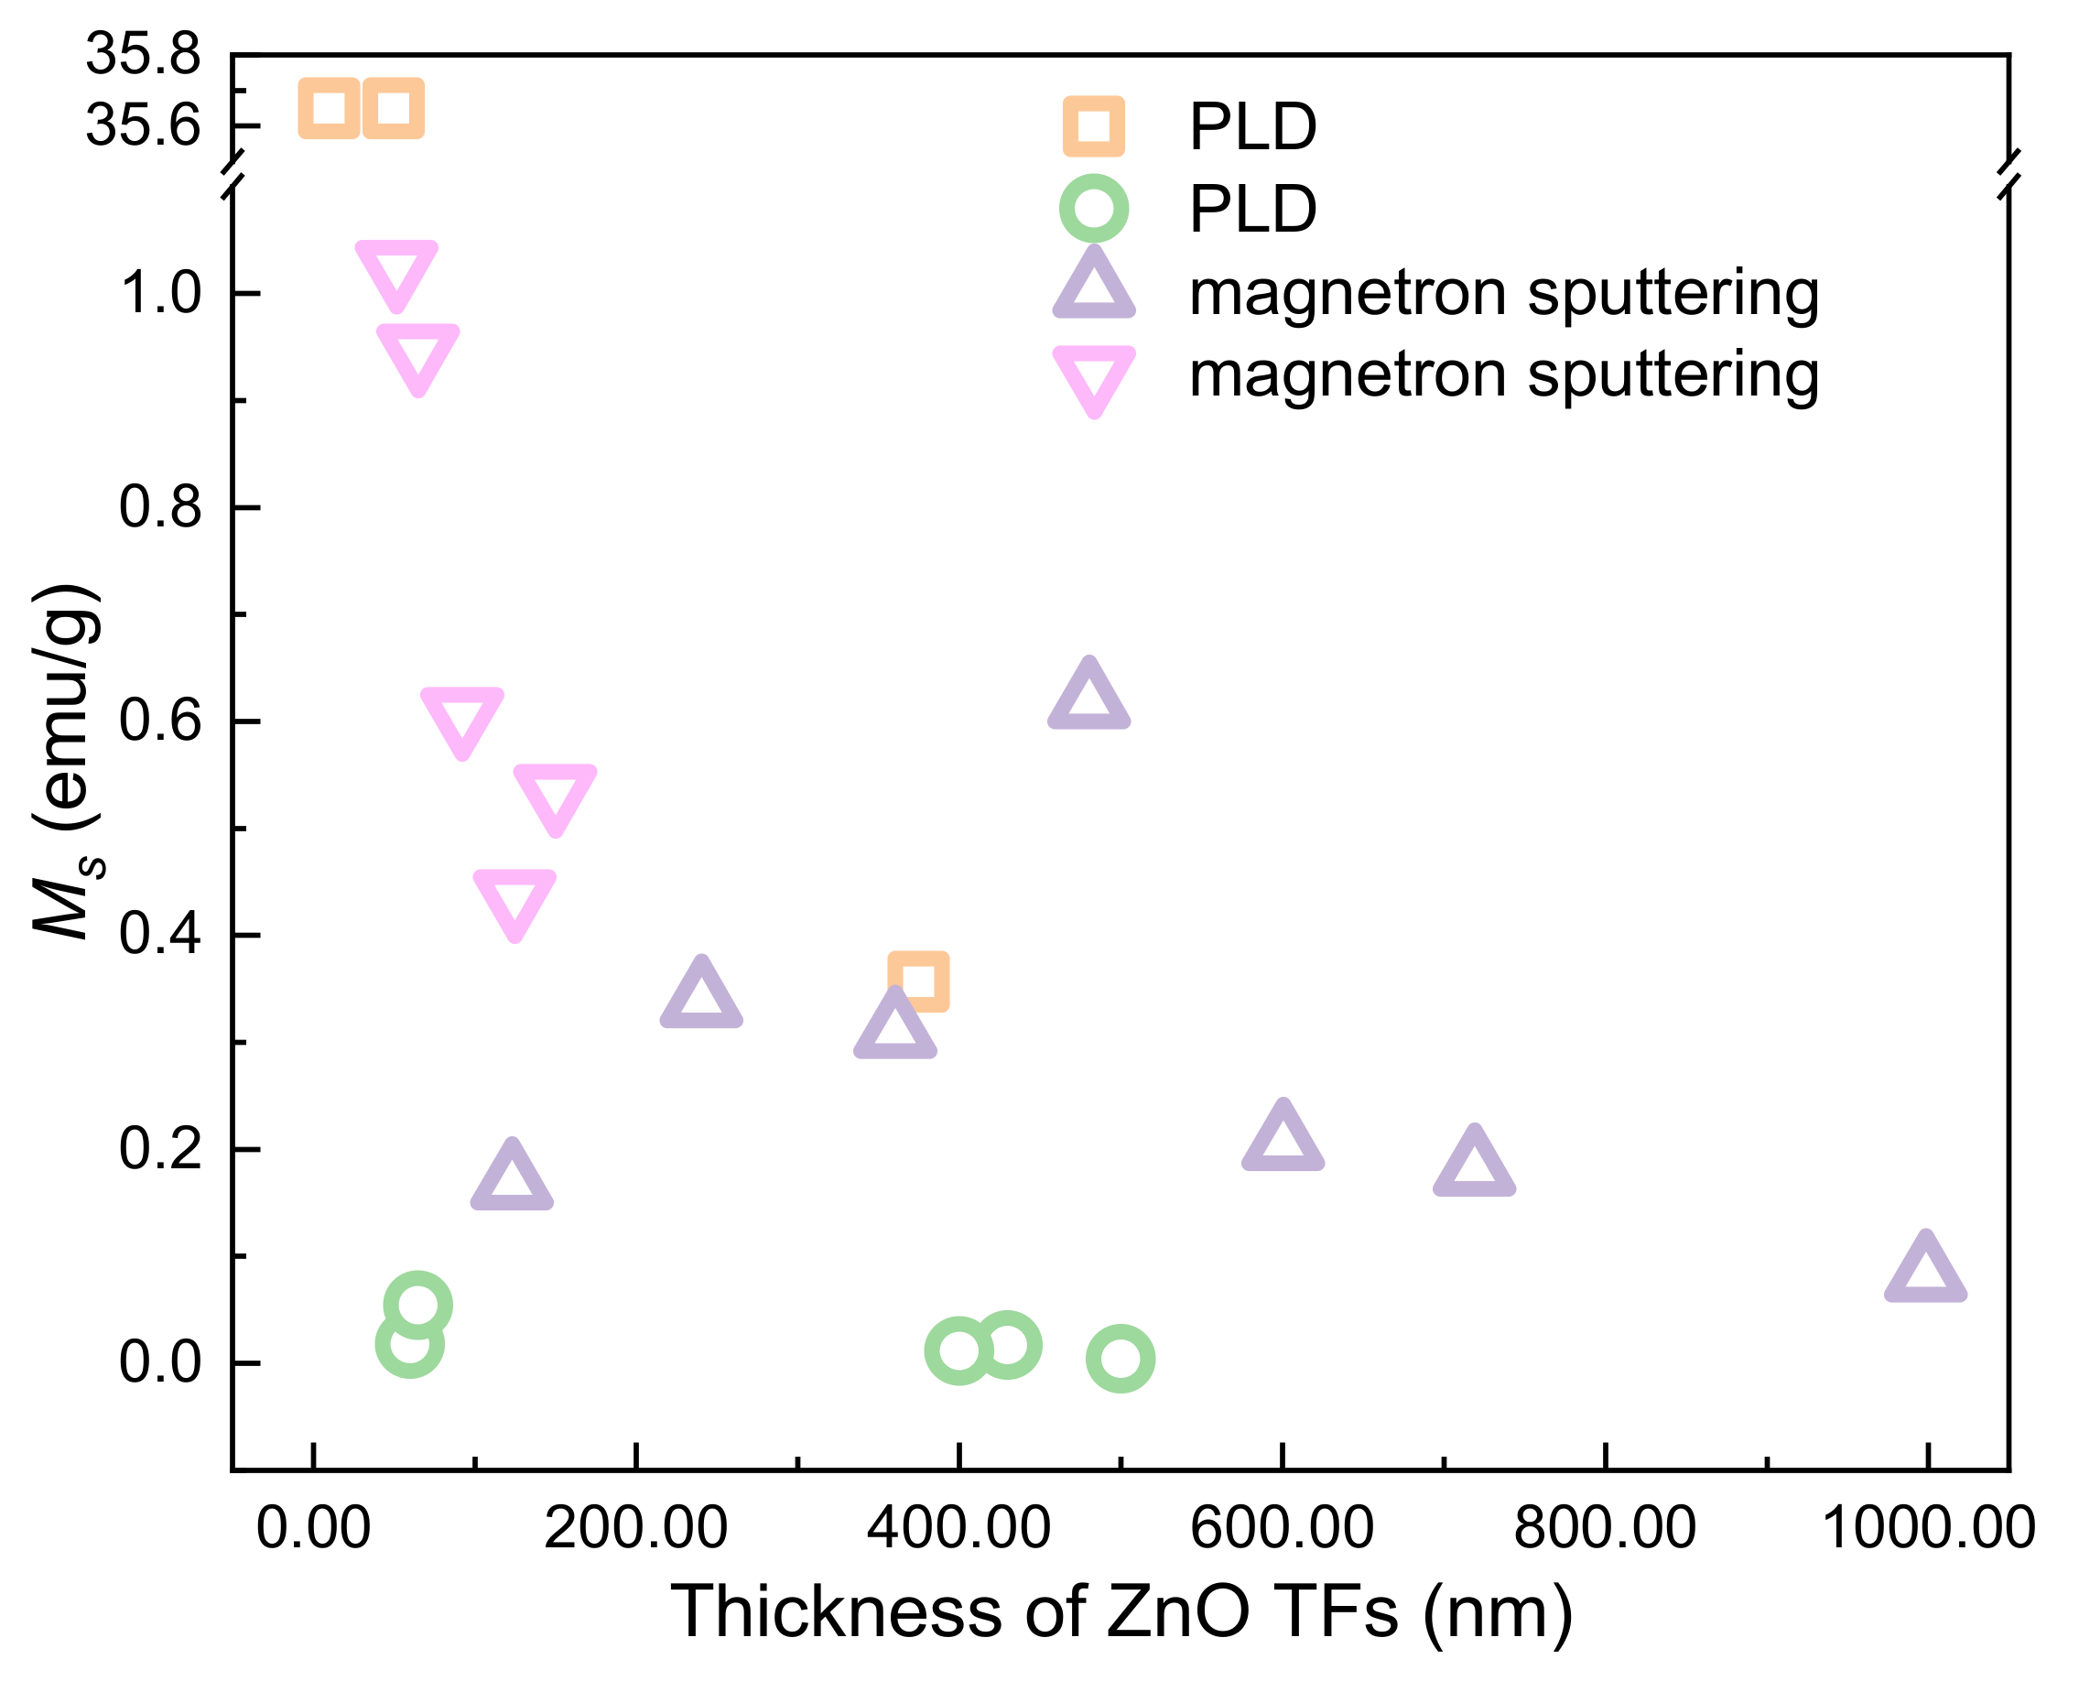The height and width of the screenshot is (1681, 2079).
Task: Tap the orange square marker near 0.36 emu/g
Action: (x=918, y=981)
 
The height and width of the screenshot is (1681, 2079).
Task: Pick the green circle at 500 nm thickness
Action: (x=1121, y=1359)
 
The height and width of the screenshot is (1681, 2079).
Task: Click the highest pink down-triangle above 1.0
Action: (x=397, y=270)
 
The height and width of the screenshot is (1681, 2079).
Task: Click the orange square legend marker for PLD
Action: (x=1093, y=125)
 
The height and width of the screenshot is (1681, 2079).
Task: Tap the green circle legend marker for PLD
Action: (x=1093, y=208)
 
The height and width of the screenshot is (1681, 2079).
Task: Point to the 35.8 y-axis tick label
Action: (x=144, y=54)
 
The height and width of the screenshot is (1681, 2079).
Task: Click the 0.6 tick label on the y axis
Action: (x=160, y=721)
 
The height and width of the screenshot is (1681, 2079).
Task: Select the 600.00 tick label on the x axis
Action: (x=1281, y=1529)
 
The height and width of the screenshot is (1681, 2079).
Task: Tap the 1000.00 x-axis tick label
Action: (x=1928, y=1529)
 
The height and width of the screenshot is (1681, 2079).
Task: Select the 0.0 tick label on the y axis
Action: (x=160, y=1362)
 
